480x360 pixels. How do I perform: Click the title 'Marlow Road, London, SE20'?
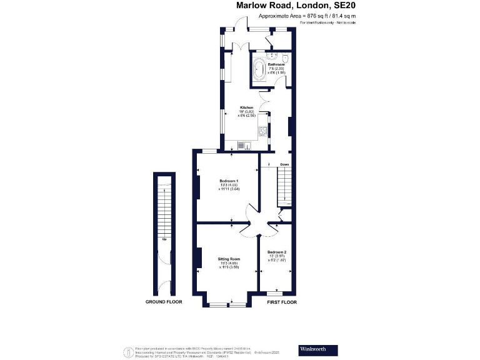(296, 6)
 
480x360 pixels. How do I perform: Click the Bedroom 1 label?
(229, 182)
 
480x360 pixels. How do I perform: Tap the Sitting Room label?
(229, 260)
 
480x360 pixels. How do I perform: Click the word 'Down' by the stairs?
(284, 165)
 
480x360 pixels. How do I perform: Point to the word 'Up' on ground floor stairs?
(164, 239)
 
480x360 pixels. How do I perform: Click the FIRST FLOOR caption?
(282, 302)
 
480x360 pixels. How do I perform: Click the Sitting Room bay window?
(227, 304)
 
